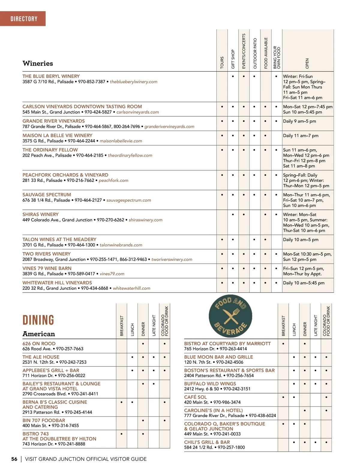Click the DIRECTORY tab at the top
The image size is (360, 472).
click(24, 19)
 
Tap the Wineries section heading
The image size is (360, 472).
click(38, 64)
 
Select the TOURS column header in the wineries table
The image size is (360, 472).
click(222, 62)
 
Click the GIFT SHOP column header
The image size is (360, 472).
click(233, 59)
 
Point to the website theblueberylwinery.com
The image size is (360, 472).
click(133, 82)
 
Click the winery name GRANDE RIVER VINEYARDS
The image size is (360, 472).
click(54, 121)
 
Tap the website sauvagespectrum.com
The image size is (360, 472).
click(129, 200)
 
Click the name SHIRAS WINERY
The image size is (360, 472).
click(40, 215)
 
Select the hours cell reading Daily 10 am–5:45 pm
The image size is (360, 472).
click(304, 283)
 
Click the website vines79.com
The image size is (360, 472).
click(112, 274)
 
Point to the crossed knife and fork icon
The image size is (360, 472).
click(231, 316)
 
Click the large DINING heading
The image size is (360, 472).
click(38, 320)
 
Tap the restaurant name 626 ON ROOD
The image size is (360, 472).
click(39, 344)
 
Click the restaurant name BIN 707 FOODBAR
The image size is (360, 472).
click(44, 420)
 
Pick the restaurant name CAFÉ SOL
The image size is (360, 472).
click(195, 397)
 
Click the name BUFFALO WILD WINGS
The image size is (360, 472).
click(210, 384)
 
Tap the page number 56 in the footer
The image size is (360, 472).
click(14, 459)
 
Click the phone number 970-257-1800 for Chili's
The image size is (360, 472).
click(231, 447)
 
